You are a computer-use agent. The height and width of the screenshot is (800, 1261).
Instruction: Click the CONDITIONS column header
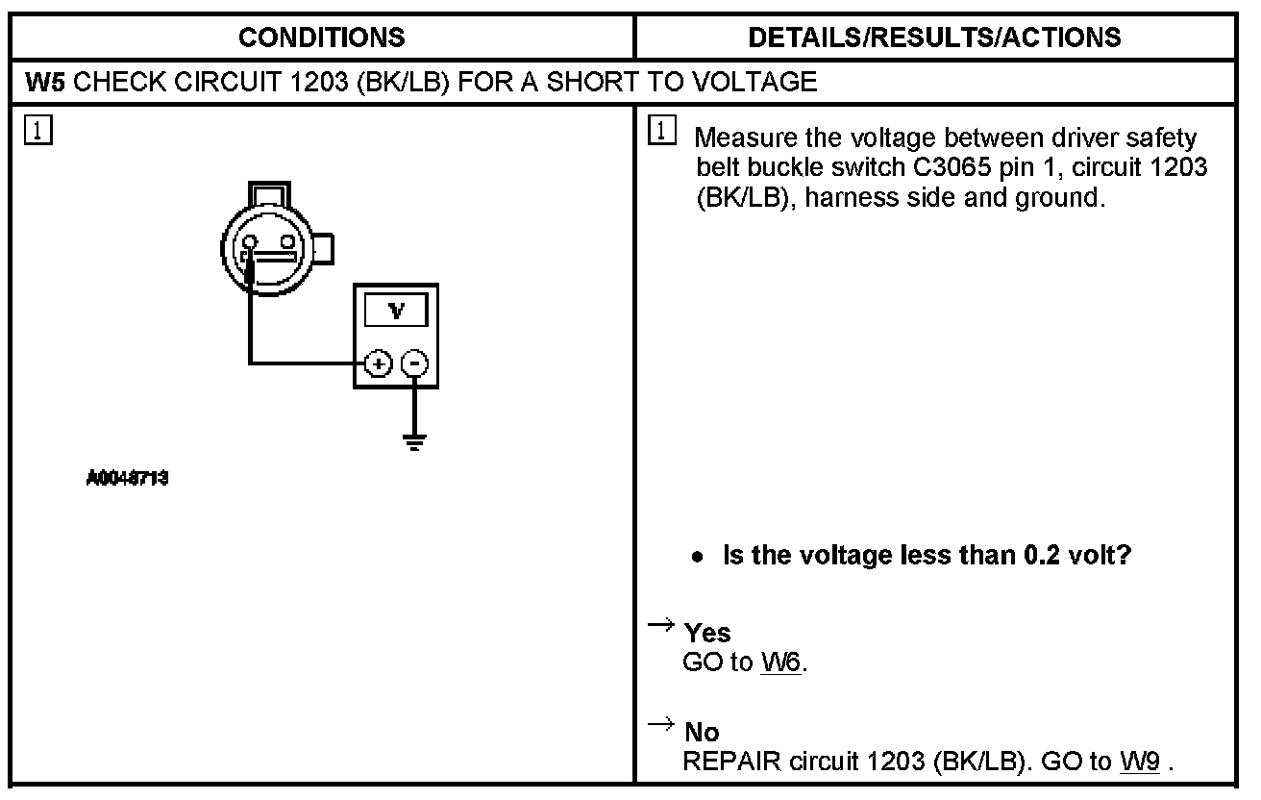tap(321, 37)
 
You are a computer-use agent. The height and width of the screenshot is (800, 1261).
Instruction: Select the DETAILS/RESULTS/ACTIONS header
tap(934, 37)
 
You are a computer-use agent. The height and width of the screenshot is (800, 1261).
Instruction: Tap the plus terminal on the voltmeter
tap(377, 363)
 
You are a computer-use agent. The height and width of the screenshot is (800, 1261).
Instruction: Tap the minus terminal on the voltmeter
tap(414, 363)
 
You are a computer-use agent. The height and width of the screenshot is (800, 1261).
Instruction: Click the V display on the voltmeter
tap(396, 312)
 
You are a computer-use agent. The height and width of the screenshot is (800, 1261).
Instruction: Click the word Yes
tap(707, 633)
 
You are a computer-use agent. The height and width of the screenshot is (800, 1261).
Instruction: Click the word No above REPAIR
tap(702, 734)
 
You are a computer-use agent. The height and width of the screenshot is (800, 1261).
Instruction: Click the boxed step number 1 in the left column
tap(32, 131)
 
